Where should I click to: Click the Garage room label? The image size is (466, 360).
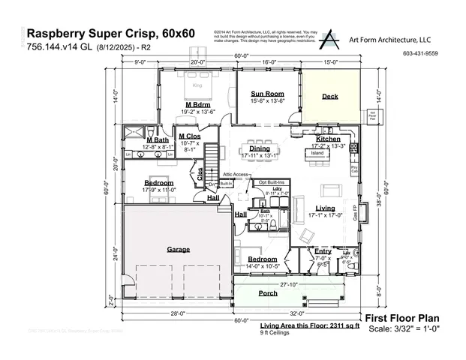(x=178, y=249)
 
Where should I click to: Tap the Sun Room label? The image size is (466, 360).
(x=266, y=93)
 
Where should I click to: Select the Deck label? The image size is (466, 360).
(x=330, y=96)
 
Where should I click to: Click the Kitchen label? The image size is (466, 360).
(x=328, y=139)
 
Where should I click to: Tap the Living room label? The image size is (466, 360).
(x=325, y=208)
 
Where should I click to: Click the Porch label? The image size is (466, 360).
(x=268, y=293)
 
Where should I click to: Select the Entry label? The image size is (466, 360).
(x=323, y=251)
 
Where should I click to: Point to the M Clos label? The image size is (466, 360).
(x=188, y=136)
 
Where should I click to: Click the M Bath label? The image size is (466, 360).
(x=157, y=140)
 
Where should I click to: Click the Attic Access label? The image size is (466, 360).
(x=235, y=174)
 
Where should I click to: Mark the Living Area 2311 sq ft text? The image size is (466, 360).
(x=310, y=327)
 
